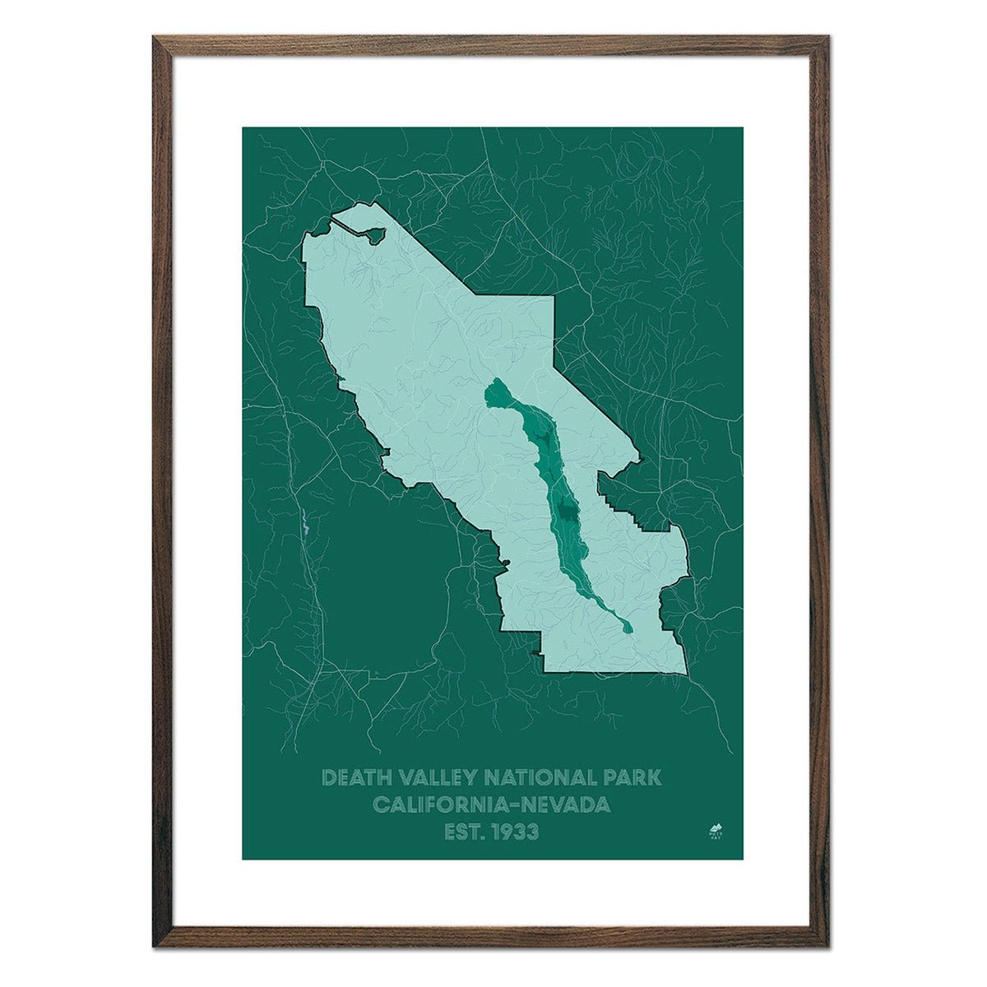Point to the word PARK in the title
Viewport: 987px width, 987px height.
tap(631, 777)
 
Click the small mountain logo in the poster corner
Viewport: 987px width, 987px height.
tap(714, 828)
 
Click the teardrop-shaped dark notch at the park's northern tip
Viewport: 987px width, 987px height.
tap(373, 236)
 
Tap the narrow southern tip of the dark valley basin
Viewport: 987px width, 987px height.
tap(628, 628)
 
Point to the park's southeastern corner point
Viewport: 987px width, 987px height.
tap(686, 675)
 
